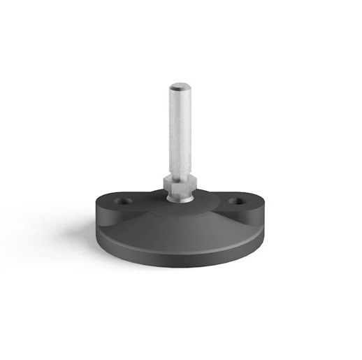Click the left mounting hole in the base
[126, 201]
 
